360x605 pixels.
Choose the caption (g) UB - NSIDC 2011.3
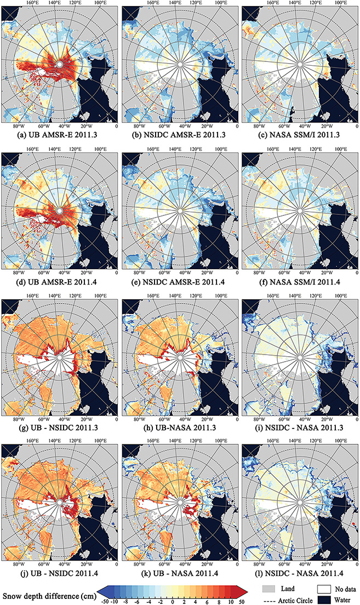tap(60, 430)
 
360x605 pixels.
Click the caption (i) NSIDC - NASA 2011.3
tap(299, 430)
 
